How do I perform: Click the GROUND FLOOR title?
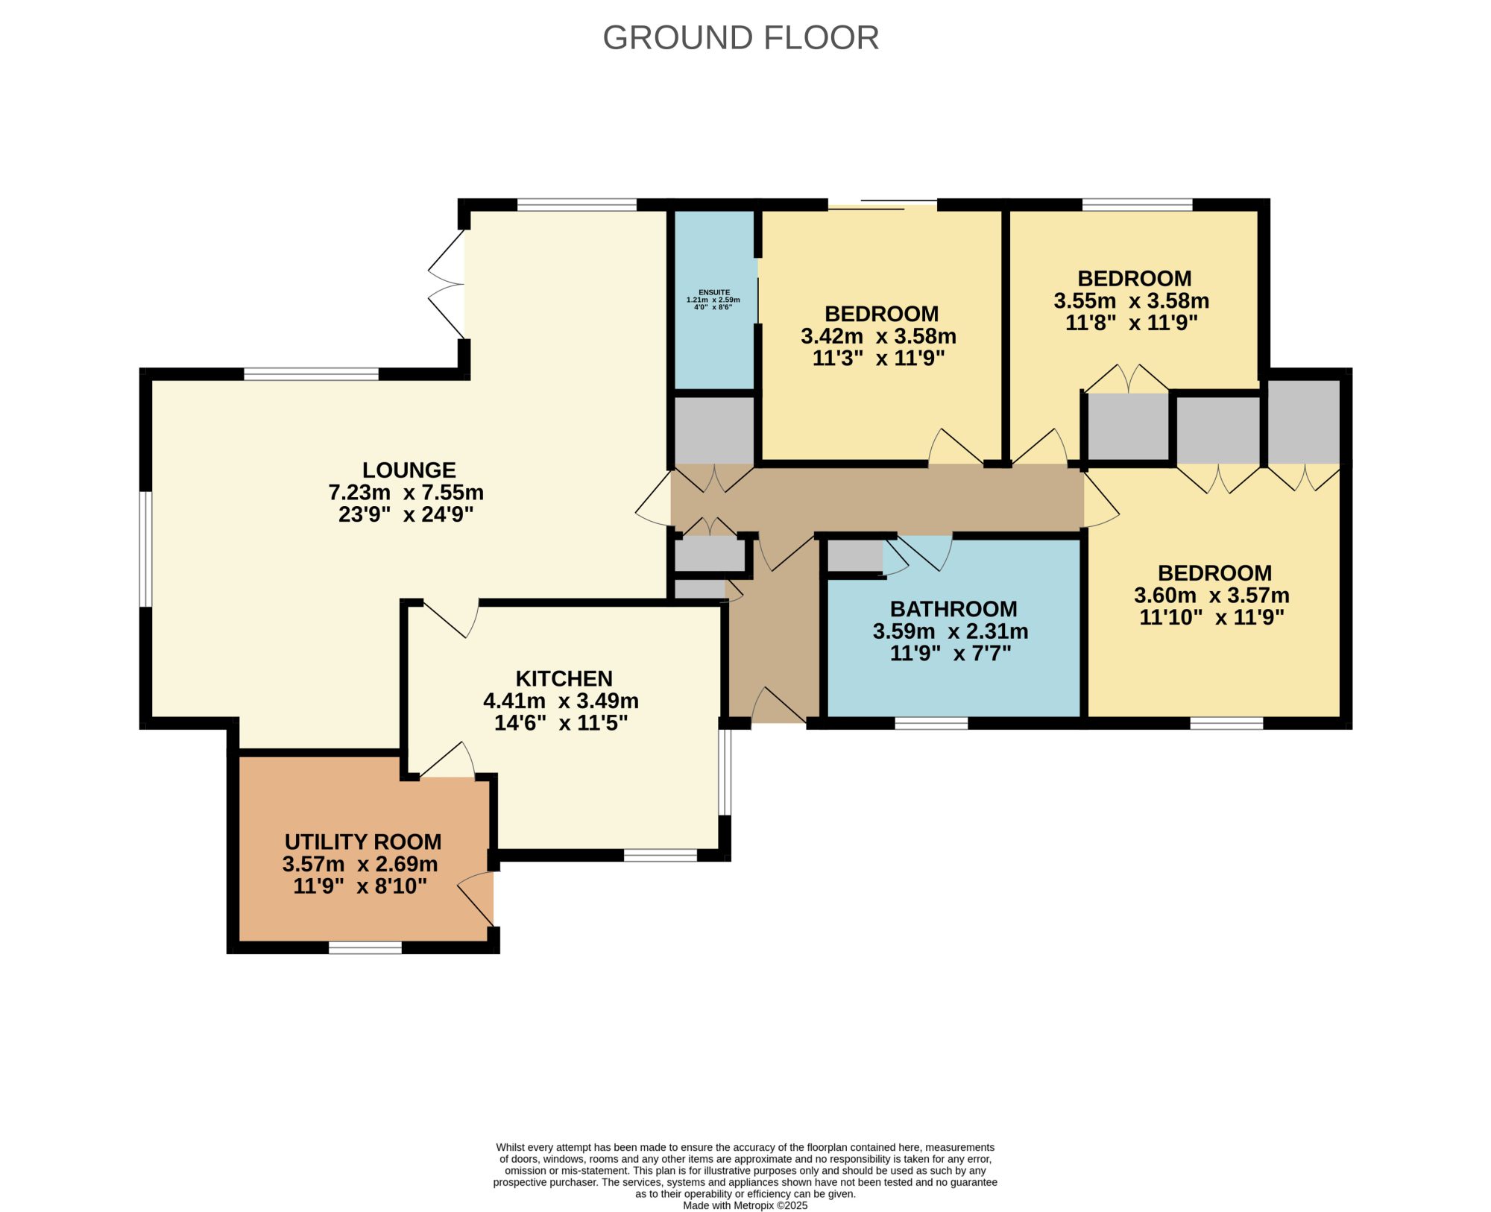tap(740, 37)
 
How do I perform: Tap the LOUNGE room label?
tap(409, 470)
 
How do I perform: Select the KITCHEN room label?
tap(564, 679)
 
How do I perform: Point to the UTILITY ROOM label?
tap(363, 842)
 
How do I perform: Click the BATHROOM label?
tap(953, 610)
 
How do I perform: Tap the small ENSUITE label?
tap(714, 292)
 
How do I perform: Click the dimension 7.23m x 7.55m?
tap(406, 493)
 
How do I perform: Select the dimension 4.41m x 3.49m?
tap(561, 701)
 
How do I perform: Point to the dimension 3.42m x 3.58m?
tap(879, 336)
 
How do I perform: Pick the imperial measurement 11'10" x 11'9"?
tap(1212, 617)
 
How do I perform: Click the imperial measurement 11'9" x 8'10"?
tap(360, 886)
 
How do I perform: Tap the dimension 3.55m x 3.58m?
tap(1132, 301)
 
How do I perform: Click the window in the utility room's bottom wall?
tap(365, 947)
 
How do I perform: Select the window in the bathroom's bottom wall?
tap(931, 723)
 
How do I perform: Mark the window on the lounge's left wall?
tap(146, 549)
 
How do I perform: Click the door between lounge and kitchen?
tap(452, 619)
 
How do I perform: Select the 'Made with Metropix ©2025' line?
tap(745, 1205)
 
